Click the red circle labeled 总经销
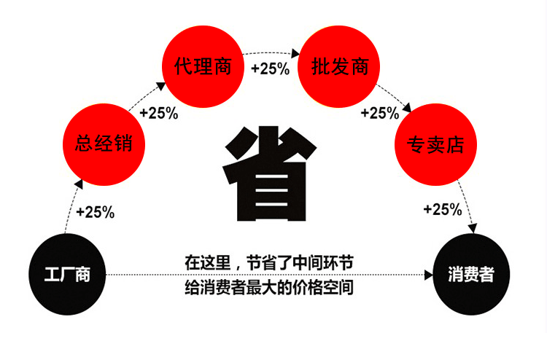click(104, 144)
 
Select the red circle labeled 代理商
click(203, 66)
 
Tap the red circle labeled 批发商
click(338, 66)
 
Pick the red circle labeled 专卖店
click(435, 144)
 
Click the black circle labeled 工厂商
click(67, 275)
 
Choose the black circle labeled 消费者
click(471, 275)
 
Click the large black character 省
click(269, 173)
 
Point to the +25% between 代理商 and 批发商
click(271, 69)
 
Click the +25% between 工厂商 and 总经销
click(96, 212)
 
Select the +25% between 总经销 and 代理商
click(159, 113)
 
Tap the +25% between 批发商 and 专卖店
click(380, 113)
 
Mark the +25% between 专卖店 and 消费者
click(443, 209)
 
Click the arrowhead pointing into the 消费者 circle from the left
click(429, 275)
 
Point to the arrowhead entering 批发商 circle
click(295, 54)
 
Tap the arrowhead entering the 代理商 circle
click(161, 86)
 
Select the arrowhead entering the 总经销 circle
click(79, 184)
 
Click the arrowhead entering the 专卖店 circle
click(407, 108)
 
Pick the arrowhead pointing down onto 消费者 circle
click(473, 228)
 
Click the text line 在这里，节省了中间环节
click(269, 263)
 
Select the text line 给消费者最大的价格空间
click(269, 288)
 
